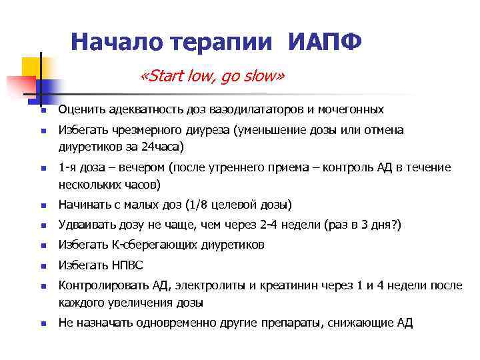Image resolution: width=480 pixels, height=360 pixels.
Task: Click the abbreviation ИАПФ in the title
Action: [325, 42]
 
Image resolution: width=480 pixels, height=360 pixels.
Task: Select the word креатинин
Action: [289, 285]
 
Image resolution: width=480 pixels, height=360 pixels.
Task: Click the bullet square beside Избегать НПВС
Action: [41, 267]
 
